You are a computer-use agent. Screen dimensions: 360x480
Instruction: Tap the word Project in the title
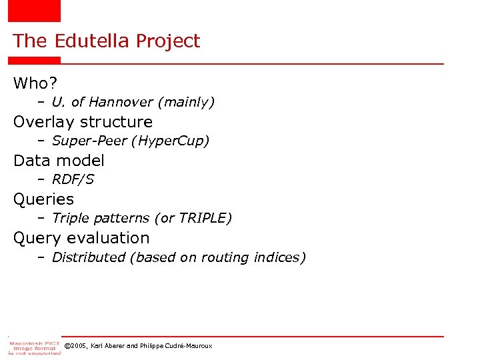(167, 42)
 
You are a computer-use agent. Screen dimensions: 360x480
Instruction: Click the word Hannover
(121, 102)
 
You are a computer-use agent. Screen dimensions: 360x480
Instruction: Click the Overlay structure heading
(83, 122)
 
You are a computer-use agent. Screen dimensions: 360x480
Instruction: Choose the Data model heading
(59, 161)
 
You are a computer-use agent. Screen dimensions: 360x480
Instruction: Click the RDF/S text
(73, 179)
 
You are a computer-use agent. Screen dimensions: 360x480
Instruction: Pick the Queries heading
(43, 199)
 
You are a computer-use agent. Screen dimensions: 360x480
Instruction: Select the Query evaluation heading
(81, 238)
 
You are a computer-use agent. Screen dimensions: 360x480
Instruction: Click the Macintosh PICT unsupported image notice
(34, 347)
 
